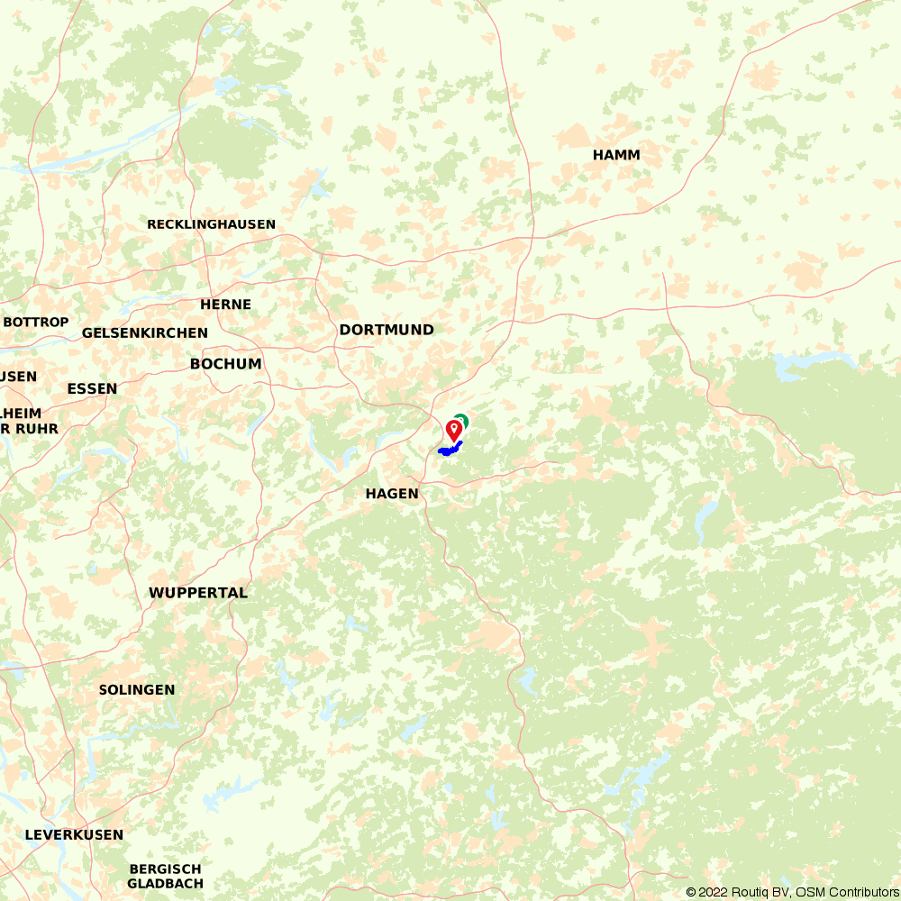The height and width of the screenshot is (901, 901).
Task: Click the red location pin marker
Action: click(x=454, y=429)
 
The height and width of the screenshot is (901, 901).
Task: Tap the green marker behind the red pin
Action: click(x=463, y=419)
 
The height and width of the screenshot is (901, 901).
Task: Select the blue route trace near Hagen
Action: click(x=449, y=448)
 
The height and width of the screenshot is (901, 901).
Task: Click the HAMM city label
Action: click(x=616, y=155)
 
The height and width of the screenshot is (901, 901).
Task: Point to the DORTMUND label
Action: click(x=387, y=330)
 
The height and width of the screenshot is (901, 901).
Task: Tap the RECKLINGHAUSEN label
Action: click(x=212, y=224)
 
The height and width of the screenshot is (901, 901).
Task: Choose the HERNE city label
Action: click(x=225, y=305)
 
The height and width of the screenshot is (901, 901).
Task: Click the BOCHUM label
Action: click(x=225, y=364)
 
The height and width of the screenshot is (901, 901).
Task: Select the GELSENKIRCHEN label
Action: click(x=145, y=332)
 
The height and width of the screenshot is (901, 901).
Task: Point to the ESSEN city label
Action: click(x=92, y=388)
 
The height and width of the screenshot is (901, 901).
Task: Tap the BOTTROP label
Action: click(x=36, y=322)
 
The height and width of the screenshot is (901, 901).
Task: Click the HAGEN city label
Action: click(x=392, y=494)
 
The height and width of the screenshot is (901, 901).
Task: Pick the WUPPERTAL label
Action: click(x=198, y=593)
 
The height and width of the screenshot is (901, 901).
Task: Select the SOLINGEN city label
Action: click(x=137, y=689)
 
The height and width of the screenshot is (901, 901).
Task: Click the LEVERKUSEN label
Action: click(x=74, y=834)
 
